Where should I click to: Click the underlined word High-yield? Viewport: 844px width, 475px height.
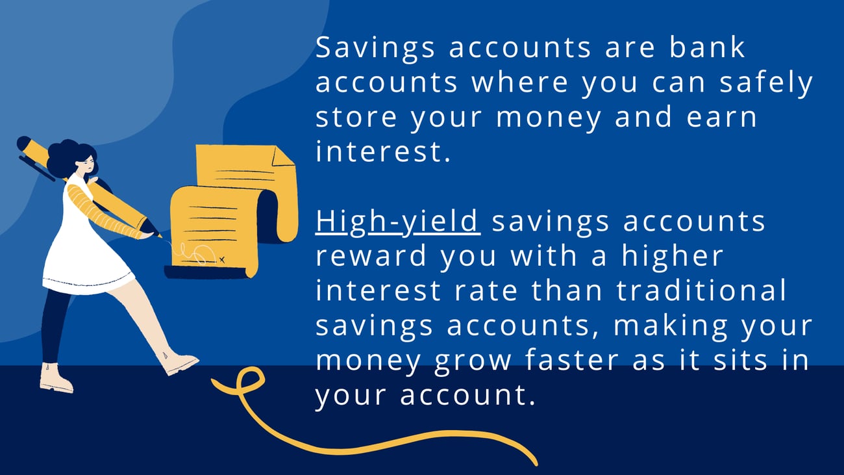[x=398, y=222]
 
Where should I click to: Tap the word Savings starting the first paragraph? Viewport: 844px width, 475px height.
[x=375, y=49]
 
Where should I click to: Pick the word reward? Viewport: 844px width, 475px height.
[x=371, y=255]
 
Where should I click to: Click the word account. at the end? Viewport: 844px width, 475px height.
[x=467, y=394]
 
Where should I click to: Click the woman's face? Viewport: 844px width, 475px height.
[x=86, y=165]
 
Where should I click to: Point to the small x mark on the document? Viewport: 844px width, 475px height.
[x=222, y=259]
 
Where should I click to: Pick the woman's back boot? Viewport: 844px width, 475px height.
[x=56, y=379]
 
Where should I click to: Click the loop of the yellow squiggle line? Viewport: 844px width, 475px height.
[x=249, y=379]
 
